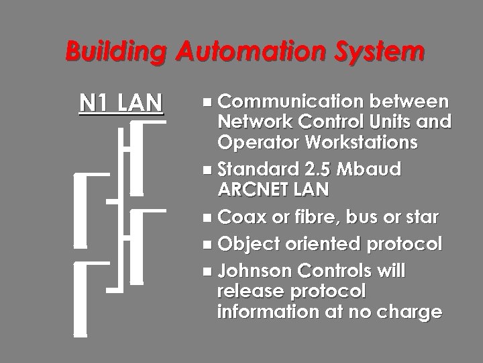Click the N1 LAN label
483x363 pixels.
[x=121, y=103]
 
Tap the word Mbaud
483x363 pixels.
[x=370, y=169]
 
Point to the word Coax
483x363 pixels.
[x=238, y=218]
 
